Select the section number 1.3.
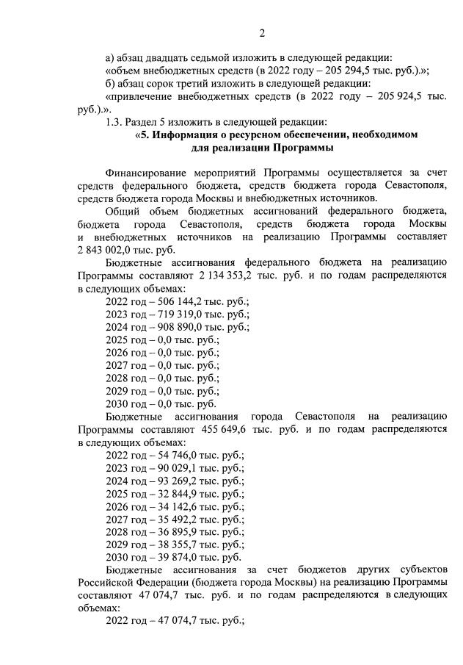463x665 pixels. tap(114, 121)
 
